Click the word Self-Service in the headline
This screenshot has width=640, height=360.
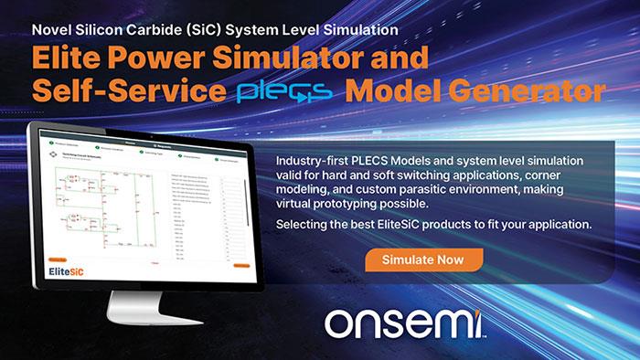(x=123, y=91)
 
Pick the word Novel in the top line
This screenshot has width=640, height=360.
(x=52, y=28)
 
